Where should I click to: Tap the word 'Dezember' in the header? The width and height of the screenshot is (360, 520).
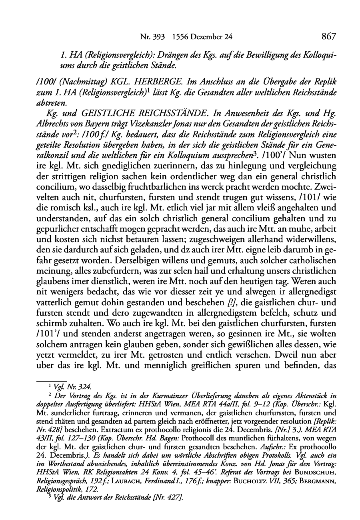(x=204, y=37)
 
